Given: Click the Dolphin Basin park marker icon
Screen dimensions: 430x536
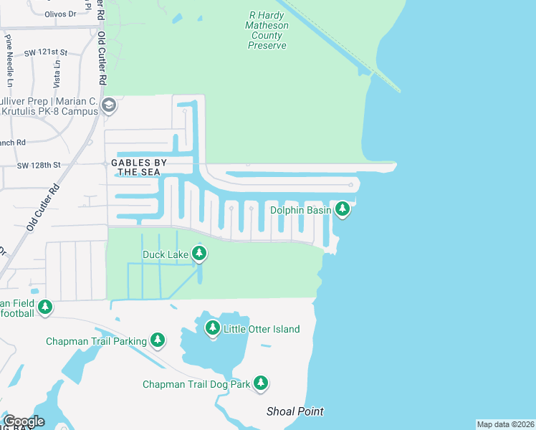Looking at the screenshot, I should coord(343,209).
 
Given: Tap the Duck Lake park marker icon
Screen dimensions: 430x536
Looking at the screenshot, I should coord(199,254).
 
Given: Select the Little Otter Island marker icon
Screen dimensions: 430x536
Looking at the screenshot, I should coord(212,328).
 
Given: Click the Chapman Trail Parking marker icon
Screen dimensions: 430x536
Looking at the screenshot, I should coord(158,340).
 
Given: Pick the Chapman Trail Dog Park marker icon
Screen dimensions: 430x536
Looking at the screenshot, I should coord(262,383).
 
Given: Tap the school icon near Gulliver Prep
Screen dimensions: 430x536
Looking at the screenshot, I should coord(109,106).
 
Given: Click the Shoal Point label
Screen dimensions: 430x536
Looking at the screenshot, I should coord(295,411).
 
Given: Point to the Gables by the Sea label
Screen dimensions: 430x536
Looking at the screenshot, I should coord(139,168).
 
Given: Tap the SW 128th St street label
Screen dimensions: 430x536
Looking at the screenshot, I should coord(40,165).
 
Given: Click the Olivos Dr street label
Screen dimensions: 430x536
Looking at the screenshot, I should coord(60,13).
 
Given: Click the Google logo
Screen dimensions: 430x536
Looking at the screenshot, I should coord(24,421).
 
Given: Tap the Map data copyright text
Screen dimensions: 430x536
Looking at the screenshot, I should coord(506,424).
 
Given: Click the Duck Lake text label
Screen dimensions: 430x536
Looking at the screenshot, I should coord(166,254).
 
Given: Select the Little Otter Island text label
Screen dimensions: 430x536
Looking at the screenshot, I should coord(262,329).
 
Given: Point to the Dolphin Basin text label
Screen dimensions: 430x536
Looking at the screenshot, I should coord(301,210).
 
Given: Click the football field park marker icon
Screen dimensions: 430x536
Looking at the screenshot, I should coord(45,307).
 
